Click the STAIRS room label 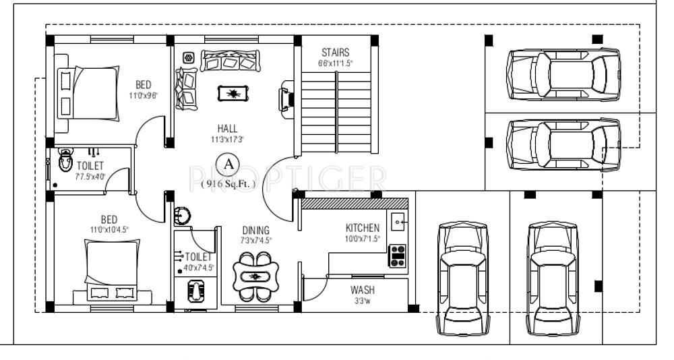pos(335,53)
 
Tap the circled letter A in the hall pos(228,163)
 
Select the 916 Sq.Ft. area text pos(228,182)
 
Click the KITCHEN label pos(362,228)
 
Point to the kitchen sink pos(398,220)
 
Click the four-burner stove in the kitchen pos(398,256)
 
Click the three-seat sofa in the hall pos(229,62)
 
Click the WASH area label pos(362,290)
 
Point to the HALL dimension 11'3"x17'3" pos(227,140)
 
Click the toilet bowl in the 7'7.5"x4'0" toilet pos(65,161)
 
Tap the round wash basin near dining pos(182,216)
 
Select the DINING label pos(255,230)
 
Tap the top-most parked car pos(563,74)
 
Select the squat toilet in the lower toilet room pos(195,291)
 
